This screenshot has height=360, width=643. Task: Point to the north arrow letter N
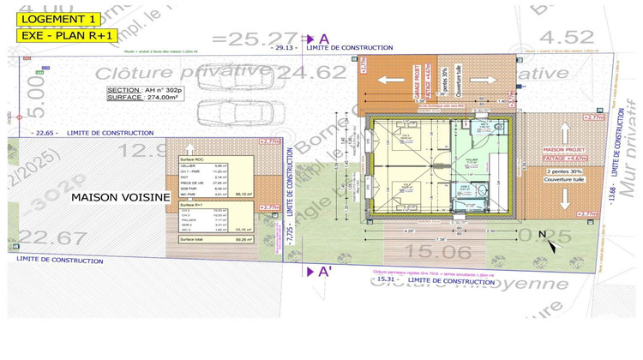(x=542, y=233)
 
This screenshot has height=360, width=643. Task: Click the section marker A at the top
(x=323, y=39)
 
